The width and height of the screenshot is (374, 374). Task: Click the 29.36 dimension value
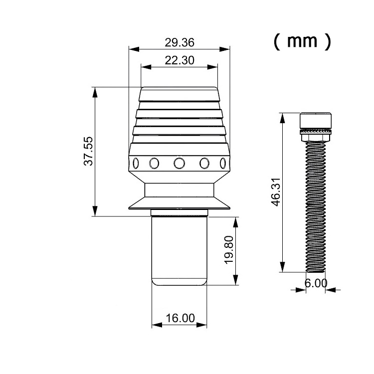coord(180,42)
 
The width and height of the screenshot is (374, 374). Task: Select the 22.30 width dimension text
coord(180,60)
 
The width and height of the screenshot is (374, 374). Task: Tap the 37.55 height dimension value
coord(88,151)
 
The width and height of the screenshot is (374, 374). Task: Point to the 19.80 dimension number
coord(229,250)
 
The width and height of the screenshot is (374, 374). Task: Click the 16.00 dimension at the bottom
coord(180,318)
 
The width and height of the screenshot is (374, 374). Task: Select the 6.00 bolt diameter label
coord(316,283)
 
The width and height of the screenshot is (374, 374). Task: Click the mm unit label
coord(302,41)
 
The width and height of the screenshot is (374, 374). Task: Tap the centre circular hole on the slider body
coord(179,163)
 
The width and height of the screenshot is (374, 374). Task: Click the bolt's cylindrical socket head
coord(316,121)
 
